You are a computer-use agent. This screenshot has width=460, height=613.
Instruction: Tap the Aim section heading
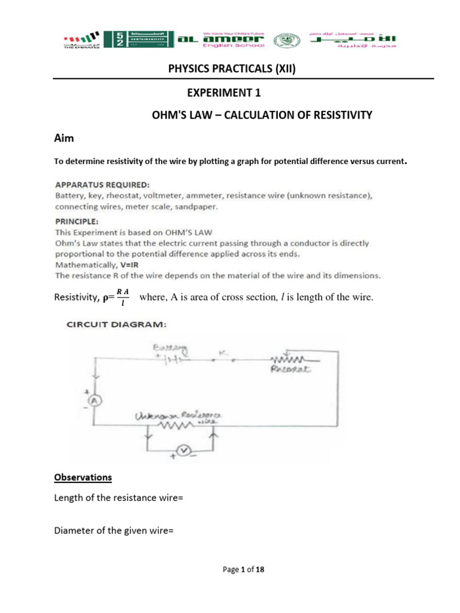click(64, 138)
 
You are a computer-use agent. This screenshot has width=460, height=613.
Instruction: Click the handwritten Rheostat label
click(292, 369)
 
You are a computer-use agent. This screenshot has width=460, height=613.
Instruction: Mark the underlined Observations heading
click(83, 478)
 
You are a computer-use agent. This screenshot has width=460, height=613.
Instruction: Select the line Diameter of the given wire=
click(113, 530)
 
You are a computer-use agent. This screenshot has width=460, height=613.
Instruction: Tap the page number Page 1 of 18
click(243, 570)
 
